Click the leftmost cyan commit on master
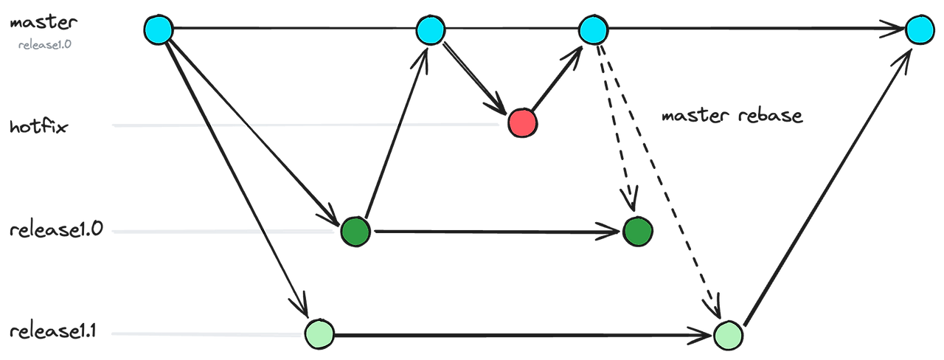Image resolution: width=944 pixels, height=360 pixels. pyautogui.click(x=158, y=30)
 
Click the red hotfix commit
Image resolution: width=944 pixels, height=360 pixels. pyautogui.click(x=522, y=123)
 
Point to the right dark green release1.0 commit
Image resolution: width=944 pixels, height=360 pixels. pyautogui.click(x=636, y=231)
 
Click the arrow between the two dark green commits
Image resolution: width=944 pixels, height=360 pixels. pyautogui.click(x=494, y=232)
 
